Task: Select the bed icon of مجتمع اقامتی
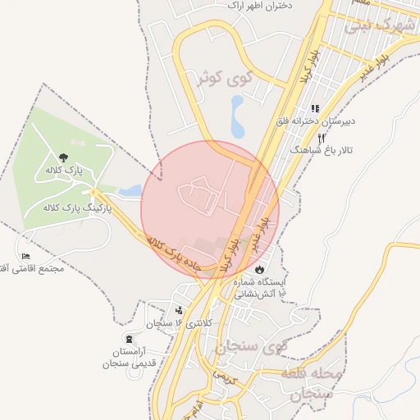[x=25, y=257]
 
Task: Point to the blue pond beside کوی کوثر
[x=238, y=117]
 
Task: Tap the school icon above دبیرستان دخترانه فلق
[x=314, y=108]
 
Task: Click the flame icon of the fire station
[x=260, y=268]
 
